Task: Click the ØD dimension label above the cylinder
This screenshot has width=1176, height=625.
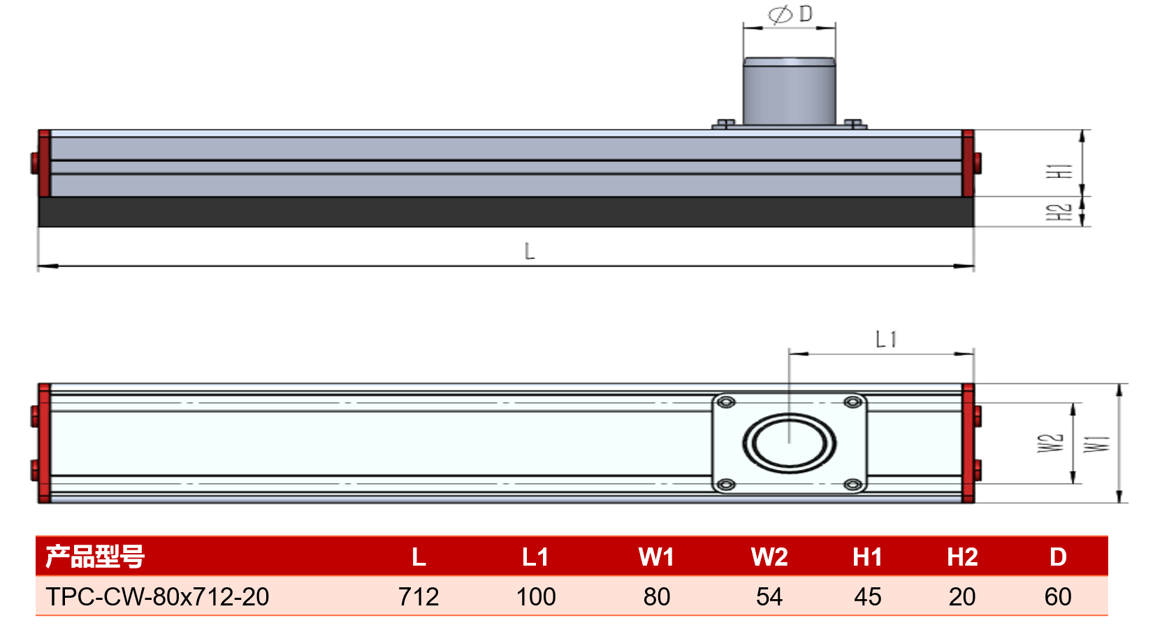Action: point(790,14)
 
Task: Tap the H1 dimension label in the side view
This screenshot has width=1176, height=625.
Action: point(1059,171)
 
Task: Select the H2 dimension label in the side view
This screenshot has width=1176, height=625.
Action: point(1059,212)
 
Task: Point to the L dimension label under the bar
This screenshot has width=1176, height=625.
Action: point(530,251)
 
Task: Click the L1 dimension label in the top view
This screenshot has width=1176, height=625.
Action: point(886,339)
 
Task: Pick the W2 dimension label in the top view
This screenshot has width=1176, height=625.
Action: point(1050,443)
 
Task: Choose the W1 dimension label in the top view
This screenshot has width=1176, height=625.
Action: point(1097,444)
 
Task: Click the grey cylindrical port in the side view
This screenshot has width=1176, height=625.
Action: point(789,91)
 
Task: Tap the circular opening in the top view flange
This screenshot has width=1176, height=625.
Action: point(790,443)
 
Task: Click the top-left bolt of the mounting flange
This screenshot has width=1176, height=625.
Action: point(726,402)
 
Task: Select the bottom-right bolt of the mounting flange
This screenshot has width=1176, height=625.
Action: point(853,485)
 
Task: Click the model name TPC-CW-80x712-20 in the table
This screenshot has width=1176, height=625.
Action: point(157,596)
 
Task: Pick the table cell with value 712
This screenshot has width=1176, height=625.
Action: point(419,596)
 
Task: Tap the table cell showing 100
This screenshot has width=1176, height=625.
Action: point(535,596)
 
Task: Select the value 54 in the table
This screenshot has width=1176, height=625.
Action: point(769,596)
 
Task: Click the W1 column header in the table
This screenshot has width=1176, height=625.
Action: point(656,557)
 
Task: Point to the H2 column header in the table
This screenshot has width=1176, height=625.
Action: point(962,557)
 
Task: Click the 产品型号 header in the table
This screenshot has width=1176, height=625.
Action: point(95,557)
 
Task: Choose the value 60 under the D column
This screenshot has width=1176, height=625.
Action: point(1058,596)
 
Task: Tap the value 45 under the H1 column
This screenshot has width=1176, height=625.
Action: point(867,596)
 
